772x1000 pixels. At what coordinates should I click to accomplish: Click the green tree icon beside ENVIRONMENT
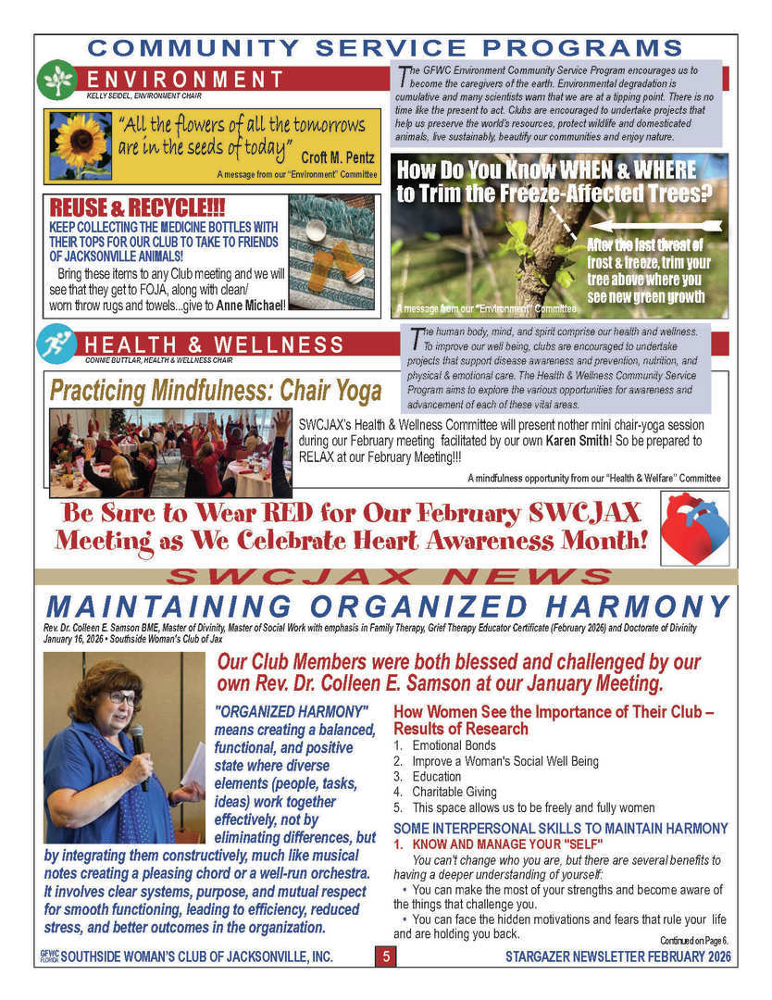coord(56,80)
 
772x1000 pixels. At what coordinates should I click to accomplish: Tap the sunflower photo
coord(81,145)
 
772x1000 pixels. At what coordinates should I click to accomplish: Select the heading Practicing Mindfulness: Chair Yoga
coord(216,391)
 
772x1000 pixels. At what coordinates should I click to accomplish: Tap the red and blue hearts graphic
coord(694,527)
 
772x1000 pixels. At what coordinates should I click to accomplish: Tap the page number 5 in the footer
coord(386,956)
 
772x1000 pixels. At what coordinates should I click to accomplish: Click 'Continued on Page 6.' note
coord(694,941)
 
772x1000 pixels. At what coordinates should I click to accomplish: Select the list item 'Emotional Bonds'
coord(449,745)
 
